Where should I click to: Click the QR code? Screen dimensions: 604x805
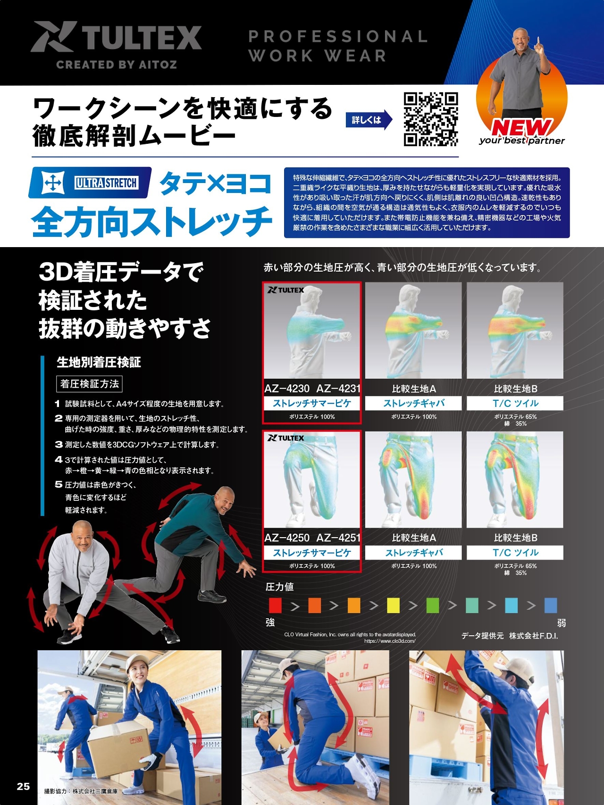point(431,119)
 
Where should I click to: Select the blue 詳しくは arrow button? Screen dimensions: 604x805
point(369,120)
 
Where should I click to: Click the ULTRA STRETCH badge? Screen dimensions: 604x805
point(90,183)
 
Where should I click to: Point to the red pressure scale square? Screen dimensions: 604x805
point(275,605)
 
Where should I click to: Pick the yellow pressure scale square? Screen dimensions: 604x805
point(393,605)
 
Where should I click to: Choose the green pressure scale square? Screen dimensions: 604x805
point(432,605)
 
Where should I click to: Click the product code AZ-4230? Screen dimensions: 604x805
point(287,389)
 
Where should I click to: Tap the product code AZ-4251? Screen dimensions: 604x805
point(338,538)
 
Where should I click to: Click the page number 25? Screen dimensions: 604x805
point(23,786)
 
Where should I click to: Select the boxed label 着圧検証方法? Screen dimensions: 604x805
point(89,384)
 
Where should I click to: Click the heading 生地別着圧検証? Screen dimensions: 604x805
point(99,362)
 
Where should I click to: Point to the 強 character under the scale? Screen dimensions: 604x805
point(270,622)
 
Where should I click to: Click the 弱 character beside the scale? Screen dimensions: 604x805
point(562,623)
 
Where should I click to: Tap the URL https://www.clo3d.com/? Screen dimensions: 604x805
point(390,641)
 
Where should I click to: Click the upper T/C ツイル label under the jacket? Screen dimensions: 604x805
point(515,403)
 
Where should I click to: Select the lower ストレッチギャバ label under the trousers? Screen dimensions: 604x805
point(414,553)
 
